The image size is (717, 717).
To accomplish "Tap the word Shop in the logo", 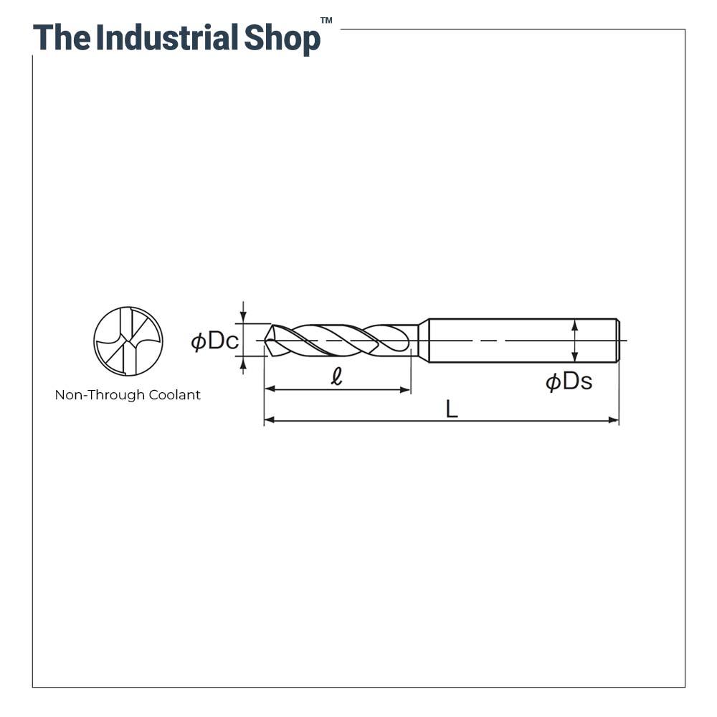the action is (x=282, y=39).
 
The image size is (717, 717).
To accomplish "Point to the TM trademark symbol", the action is (x=326, y=20).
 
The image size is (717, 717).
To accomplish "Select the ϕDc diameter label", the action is (x=214, y=341).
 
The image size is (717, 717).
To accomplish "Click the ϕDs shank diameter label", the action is (x=569, y=381).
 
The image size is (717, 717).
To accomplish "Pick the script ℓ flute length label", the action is (x=336, y=376).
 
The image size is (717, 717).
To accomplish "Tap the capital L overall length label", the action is (x=451, y=409).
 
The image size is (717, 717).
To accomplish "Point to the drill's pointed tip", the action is (x=266, y=341).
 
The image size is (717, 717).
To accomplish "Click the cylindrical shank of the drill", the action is (x=523, y=341).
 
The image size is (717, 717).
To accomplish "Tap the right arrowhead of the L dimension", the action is (x=613, y=420).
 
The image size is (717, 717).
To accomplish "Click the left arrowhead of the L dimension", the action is (x=270, y=419).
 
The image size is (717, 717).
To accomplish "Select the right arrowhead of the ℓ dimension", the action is (x=405, y=389).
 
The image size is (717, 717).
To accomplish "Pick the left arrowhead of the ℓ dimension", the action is (x=270, y=389).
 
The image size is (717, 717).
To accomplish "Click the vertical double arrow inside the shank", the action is (x=575, y=341).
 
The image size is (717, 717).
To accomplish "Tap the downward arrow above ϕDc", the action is (x=243, y=313).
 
